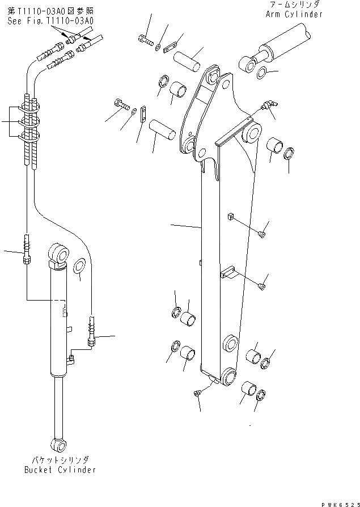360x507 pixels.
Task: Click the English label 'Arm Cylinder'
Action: click(294, 14)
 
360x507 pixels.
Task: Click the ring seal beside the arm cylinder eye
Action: click(262, 72)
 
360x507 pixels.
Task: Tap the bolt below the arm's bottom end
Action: click(197, 393)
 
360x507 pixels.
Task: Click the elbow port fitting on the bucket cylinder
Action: click(71, 359)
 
